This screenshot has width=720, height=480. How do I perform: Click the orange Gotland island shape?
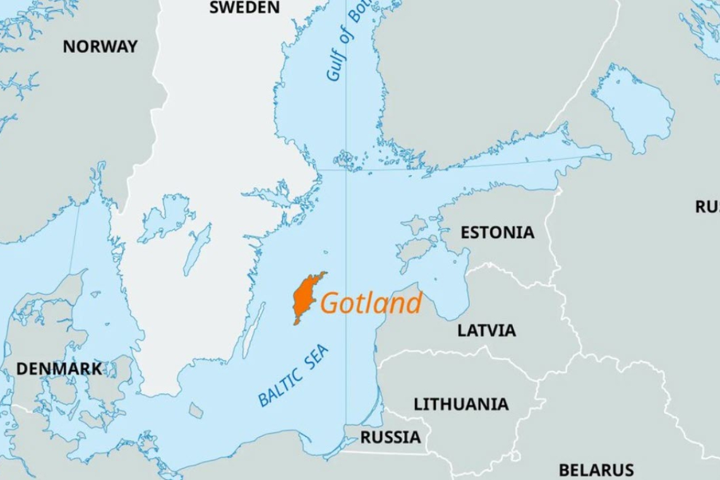click(x=305, y=297)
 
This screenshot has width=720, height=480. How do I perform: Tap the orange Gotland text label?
click(x=371, y=303)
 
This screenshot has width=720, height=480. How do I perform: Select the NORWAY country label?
click(x=100, y=46)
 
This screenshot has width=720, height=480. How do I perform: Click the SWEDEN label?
click(x=244, y=8)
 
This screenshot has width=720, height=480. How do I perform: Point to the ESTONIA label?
click(x=497, y=232)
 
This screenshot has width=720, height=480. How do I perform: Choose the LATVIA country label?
click(x=486, y=330)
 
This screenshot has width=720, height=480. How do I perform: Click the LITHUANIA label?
click(x=460, y=404)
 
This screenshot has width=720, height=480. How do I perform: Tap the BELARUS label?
click(x=596, y=470)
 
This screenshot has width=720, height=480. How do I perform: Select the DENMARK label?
click(x=59, y=369)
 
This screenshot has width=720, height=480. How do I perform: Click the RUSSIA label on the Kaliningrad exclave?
click(x=390, y=437)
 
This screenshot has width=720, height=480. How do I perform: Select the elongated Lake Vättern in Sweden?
click(x=197, y=249)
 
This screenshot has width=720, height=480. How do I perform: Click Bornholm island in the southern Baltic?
click(x=196, y=411)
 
